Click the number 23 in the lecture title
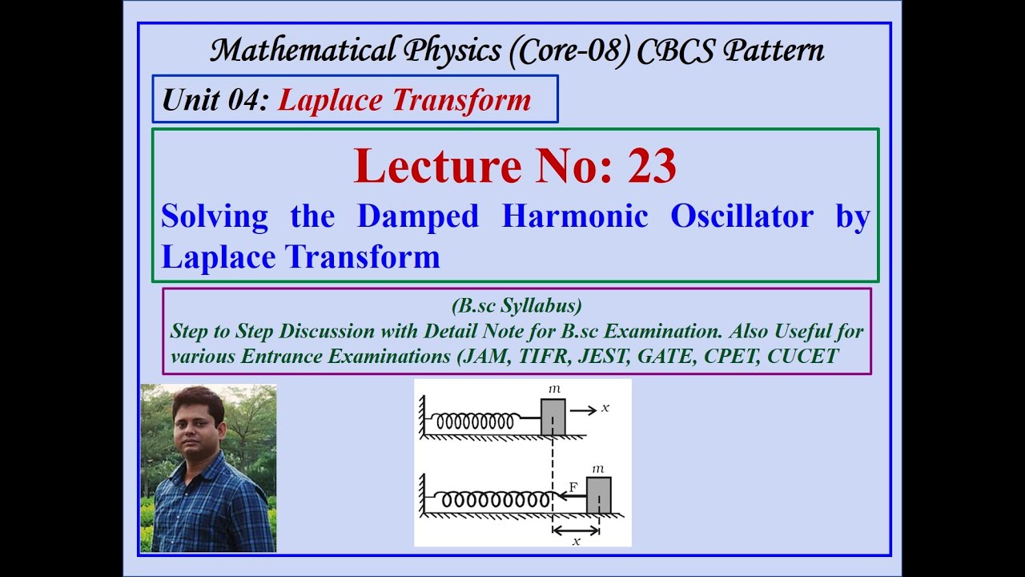pyautogui.click(x=652, y=166)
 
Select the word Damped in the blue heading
pyautogui.click(x=417, y=216)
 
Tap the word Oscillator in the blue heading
pyautogui.click(x=742, y=216)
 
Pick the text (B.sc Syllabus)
pyautogui.click(x=517, y=305)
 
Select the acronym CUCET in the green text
pyautogui.click(x=802, y=357)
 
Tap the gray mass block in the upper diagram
pyautogui.click(x=553, y=417)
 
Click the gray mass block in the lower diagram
pyautogui.click(x=598, y=494)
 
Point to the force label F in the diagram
pyautogui.click(x=573, y=486)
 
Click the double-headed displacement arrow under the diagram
pyautogui.click(x=576, y=530)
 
